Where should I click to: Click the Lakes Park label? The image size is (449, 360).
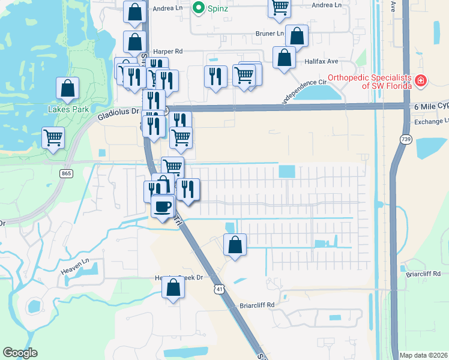tap(68, 109)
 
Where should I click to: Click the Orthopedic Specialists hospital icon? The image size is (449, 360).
tap(421, 80)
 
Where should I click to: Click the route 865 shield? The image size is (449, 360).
tap(66, 173)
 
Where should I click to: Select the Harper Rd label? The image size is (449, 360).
tap(167, 52)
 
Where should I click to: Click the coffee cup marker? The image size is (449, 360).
tap(163, 206)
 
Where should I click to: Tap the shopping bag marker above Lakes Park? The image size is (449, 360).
tap(68, 88)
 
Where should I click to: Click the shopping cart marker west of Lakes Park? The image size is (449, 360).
tap(53, 137)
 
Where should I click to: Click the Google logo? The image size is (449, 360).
tap(20, 353)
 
